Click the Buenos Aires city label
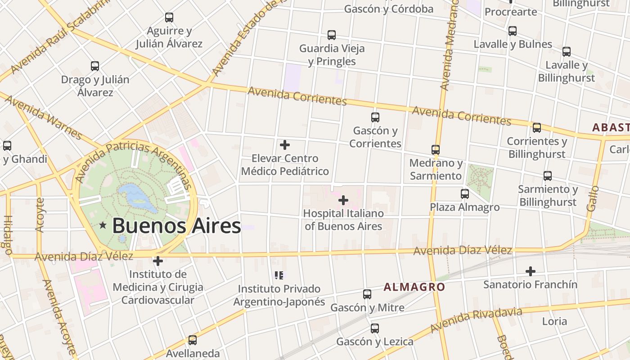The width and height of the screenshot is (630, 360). pyautogui.click(x=176, y=225)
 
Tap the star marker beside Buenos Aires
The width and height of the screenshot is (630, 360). pyautogui.click(x=103, y=225)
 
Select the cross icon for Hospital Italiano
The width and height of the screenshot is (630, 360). pyautogui.click(x=343, y=200)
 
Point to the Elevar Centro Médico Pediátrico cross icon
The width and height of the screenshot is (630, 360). pyautogui.click(x=285, y=145)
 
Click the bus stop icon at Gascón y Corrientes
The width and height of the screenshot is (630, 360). pyautogui.click(x=375, y=117)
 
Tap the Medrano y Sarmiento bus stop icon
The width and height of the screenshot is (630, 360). pyautogui.click(x=436, y=149)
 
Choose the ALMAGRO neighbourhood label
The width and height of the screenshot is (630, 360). pyautogui.click(x=414, y=287)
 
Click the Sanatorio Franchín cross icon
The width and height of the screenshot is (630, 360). pyautogui.click(x=531, y=271)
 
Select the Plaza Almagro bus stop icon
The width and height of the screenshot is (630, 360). pyautogui.click(x=465, y=194)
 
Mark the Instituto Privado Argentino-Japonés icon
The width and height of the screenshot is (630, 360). pyautogui.click(x=279, y=275)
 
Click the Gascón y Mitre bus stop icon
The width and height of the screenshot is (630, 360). pyautogui.click(x=367, y=294)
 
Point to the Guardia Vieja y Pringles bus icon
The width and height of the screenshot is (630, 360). pyautogui.click(x=332, y=35)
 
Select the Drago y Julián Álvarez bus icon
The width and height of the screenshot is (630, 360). pyautogui.click(x=95, y=66)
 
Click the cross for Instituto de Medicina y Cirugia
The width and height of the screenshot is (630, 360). pyautogui.click(x=157, y=261)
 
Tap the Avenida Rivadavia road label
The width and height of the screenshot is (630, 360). pyautogui.click(x=476, y=320)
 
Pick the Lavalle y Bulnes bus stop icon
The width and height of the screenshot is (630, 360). pyautogui.click(x=513, y=31)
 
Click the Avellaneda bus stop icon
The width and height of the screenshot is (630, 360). pyautogui.click(x=193, y=340)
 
